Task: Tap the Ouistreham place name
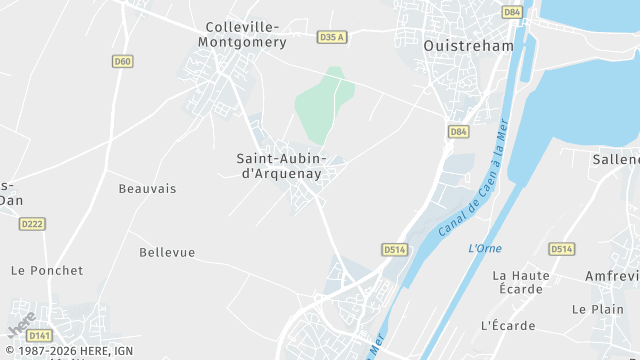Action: click(468, 45)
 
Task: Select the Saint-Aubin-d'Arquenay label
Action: click(281, 165)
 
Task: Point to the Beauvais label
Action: click(147, 188)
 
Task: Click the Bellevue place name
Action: click(167, 252)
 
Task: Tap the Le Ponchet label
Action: click(47, 270)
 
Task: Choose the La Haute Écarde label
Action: click(520, 282)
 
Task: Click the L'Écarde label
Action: click(508, 325)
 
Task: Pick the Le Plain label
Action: click(598, 309)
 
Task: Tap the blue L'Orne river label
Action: click(485, 248)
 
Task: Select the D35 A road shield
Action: click(331, 37)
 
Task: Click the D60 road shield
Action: click(122, 61)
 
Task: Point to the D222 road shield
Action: click(32, 224)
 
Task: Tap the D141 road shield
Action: click(39, 335)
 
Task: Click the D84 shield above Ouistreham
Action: click(512, 12)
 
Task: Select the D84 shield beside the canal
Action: click(458, 131)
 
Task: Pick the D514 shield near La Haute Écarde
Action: click(561, 249)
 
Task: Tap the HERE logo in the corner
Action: click(22, 324)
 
